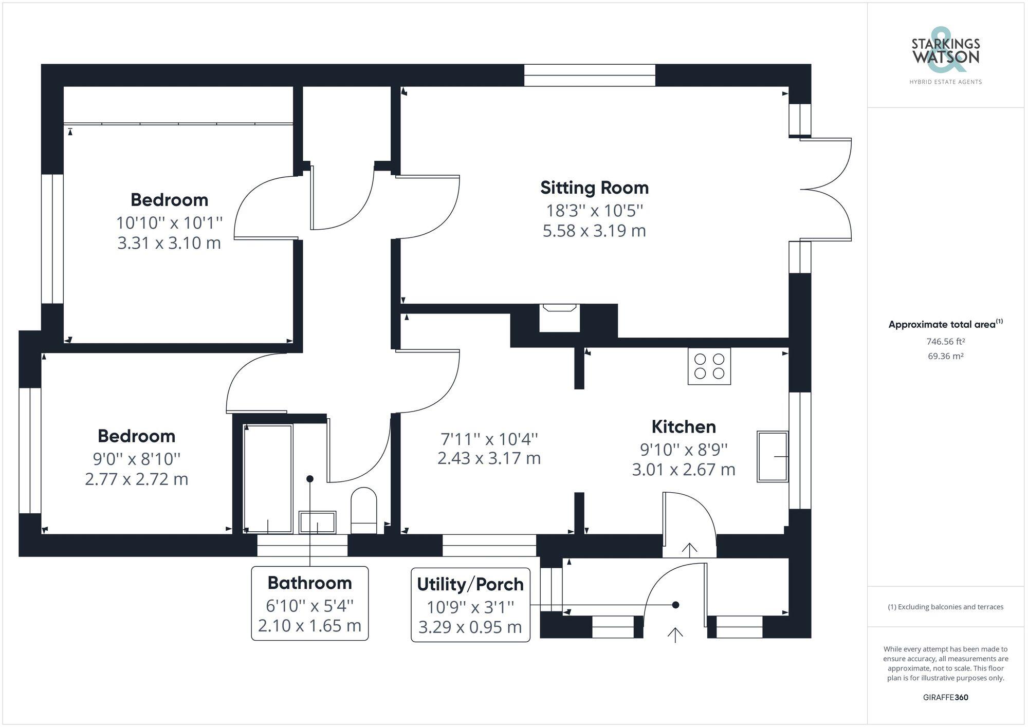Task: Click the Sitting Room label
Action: pyautogui.click(x=594, y=188)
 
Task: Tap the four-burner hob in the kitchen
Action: pyautogui.click(x=709, y=366)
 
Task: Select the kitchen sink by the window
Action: pyautogui.click(x=772, y=456)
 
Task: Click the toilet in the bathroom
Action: pyautogui.click(x=363, y=510)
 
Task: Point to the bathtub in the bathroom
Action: pyautogui.click(x=268, y=478)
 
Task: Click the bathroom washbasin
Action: pyautogui.click(x=317, y=523)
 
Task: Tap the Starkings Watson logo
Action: pyautogui.click(x=945, y=57)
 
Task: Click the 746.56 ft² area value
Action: pyautogui.click(x=945, y=341)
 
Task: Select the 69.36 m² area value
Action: pyautogui.click(x=945, y=356)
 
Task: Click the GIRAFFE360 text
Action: pyautogui.click(x=945, y=697)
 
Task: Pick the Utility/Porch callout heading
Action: pyautogui.click(x=470, y=584)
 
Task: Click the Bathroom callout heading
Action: pyautogui.click(x=309, y=583)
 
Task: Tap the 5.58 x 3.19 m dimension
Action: pyautogui.click(x=594, y=231)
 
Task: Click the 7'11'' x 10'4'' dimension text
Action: pyautogui.click(x=489, y=439)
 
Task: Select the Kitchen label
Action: pyautogui.click(x=683, y=426)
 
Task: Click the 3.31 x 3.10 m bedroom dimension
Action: pyautogui.click(x=169, y=243)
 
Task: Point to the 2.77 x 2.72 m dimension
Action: pyautogui.click(x=136, y=479)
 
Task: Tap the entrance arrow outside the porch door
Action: pyautogui.click(x=675, y=635)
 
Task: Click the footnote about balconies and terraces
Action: pyautogui.click(x=945, y=607)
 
